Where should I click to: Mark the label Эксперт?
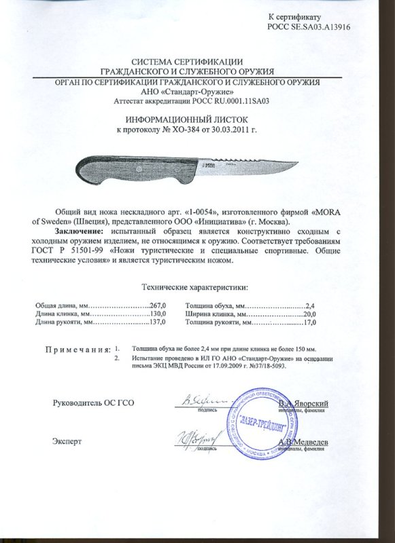[x=67, y=442]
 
